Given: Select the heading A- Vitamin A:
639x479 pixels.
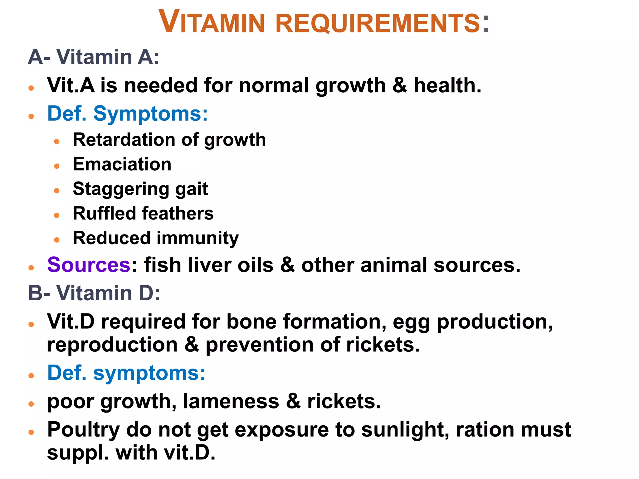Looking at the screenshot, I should click(94, 57).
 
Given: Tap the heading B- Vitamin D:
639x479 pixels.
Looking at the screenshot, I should click(94, 293).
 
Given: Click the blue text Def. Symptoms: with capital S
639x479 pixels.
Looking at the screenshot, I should click(127, 114).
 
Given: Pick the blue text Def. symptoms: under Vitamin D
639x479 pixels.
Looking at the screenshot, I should click(126, 373).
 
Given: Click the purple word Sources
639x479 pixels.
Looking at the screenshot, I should click(89, 265).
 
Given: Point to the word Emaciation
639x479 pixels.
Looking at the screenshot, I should click(122, 164).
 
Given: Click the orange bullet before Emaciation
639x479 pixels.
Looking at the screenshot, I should click(56, 166).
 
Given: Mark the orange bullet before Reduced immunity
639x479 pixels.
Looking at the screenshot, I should click(56, 240).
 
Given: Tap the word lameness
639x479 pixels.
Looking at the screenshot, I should click(231, 401).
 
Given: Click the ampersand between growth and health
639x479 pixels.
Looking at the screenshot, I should click(400, 86).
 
